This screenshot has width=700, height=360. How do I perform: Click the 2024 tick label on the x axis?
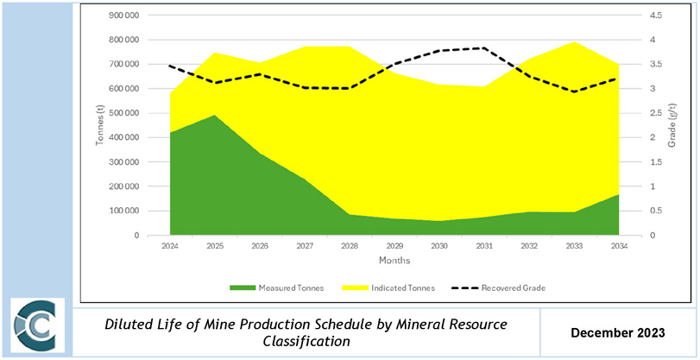[x=171, y=246]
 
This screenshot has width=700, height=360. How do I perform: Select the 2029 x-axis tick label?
[x=394, y=246]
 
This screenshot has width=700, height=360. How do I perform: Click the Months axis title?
[x=394, y=260]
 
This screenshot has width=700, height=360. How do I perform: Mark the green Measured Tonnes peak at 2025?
[x=216, y=116]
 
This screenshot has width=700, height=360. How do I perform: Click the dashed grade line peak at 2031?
[x=483, y=48]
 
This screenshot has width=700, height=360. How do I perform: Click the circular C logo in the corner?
[x=37, y=329]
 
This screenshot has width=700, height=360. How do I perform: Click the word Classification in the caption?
[x=306, y=341]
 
